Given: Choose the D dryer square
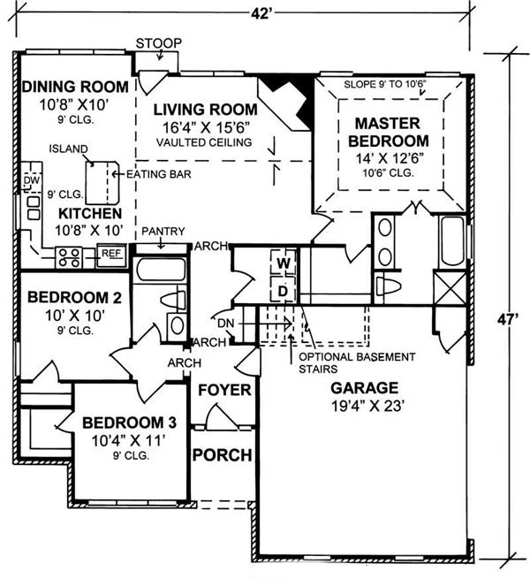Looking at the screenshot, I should click(x=284, y=289).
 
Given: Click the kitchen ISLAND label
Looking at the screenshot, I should click(x=67, y=149).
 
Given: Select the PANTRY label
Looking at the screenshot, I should click(x=162, y=230).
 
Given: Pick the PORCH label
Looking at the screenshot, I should click(x=223, y=455).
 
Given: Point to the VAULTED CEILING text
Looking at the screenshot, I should click(x=203, y=141).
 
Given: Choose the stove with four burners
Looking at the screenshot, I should click(x=69, y=256).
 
